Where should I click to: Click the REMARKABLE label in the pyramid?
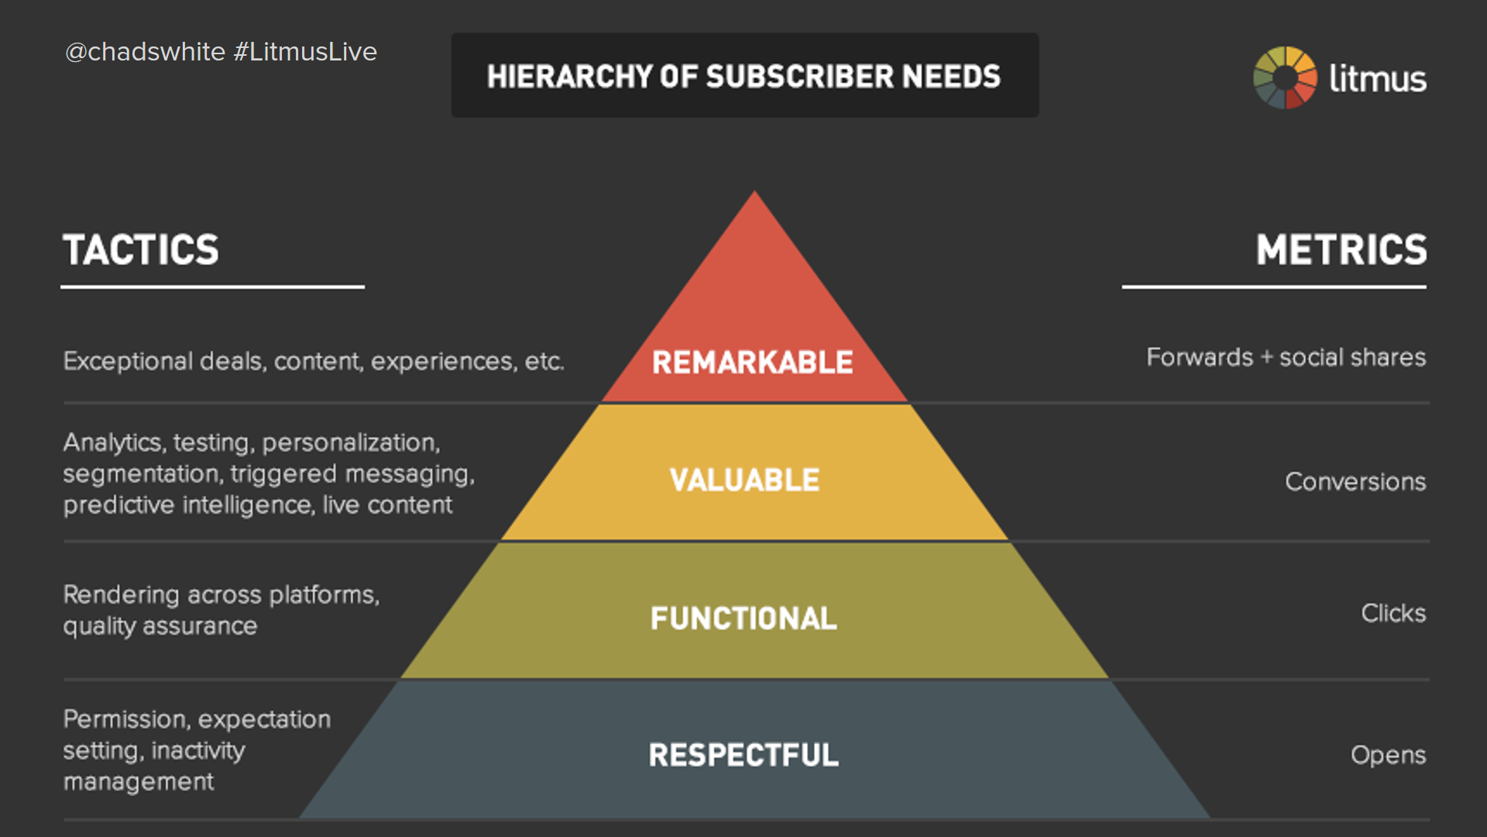coord(752,363)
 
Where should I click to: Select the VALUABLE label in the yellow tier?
coord(744,480)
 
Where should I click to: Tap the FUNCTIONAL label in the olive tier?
coord(743,618)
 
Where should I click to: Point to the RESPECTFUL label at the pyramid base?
coord(743,755)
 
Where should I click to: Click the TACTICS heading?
coord(141,250)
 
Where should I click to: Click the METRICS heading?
coord(1341,250)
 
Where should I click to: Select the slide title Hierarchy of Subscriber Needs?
coord(743,77)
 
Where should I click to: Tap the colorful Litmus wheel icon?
coord(1285,77)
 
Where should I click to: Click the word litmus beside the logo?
coord(1378,78)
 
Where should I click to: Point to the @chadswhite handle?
coord(145,52)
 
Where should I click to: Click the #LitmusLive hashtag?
coord(305,52)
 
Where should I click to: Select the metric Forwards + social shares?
coord(1286,357)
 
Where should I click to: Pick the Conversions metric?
coord(1355,482)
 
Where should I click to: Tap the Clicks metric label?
coord(1394,613)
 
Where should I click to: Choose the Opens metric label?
coord(1389,756)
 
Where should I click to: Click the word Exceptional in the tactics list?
coord(128,362)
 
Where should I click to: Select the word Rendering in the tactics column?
coord(122,595)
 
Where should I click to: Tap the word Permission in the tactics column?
coord(124,719)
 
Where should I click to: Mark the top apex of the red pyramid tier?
coord(754,191)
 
